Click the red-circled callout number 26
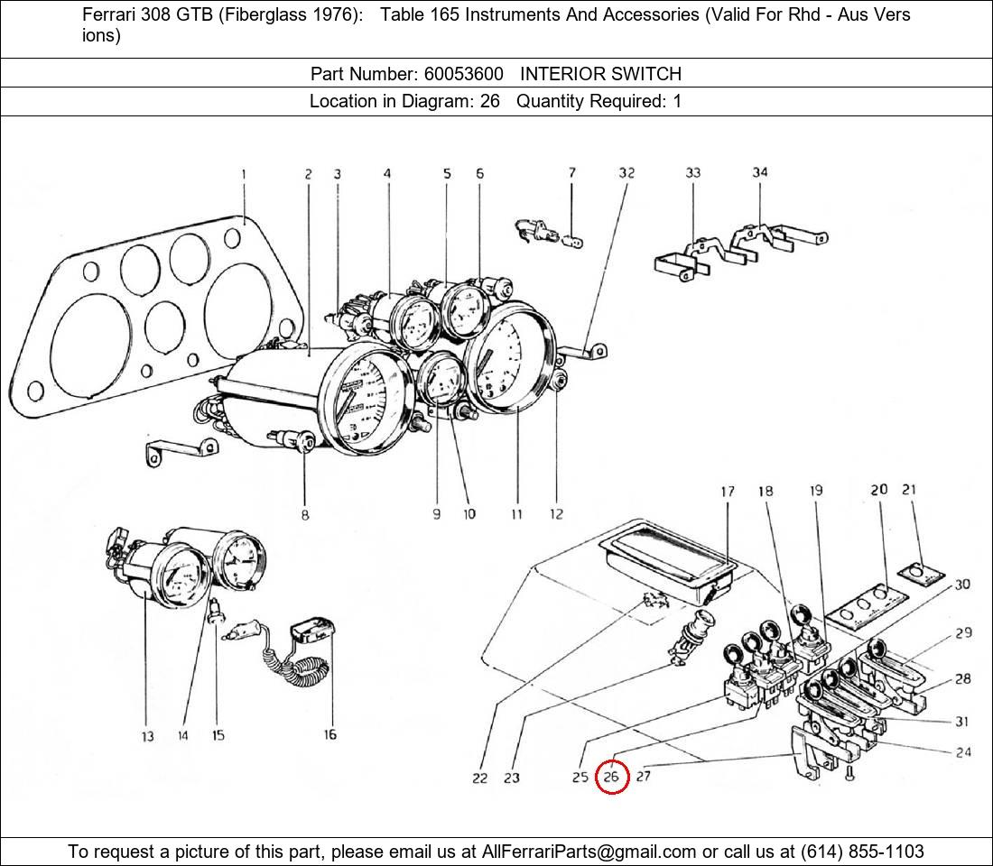[x=612, y=777]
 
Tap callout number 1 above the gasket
[x=244, y=175]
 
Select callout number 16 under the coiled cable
[x=330, y=735]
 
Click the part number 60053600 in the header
[x=463, y=74]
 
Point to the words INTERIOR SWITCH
[x=600, y=74]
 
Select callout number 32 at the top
[x=626, y=173]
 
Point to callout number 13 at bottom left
[x=147, y=737]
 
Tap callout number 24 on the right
[x=963, y=751]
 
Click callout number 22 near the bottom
[x=480, y=778]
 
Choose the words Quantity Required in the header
[x=590, y=101]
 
